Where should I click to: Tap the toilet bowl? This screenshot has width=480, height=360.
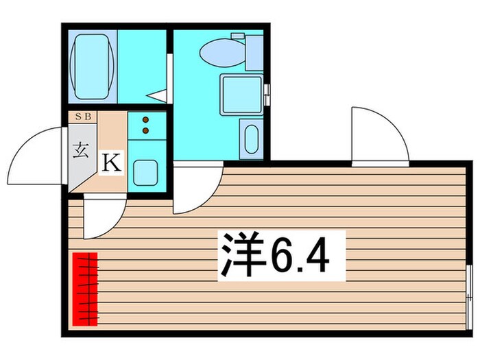(x=220, y=49)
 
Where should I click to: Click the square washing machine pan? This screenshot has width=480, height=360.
(x=241, y=95)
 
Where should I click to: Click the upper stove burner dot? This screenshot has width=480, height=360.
(x=145, y=120)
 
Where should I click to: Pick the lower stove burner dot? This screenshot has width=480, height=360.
(x=145, y=129)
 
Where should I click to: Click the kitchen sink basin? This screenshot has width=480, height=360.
(x=145, y=172)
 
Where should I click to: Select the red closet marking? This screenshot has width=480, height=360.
(x=85, y=288)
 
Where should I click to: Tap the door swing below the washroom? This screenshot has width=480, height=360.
(x=195, y=189)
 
